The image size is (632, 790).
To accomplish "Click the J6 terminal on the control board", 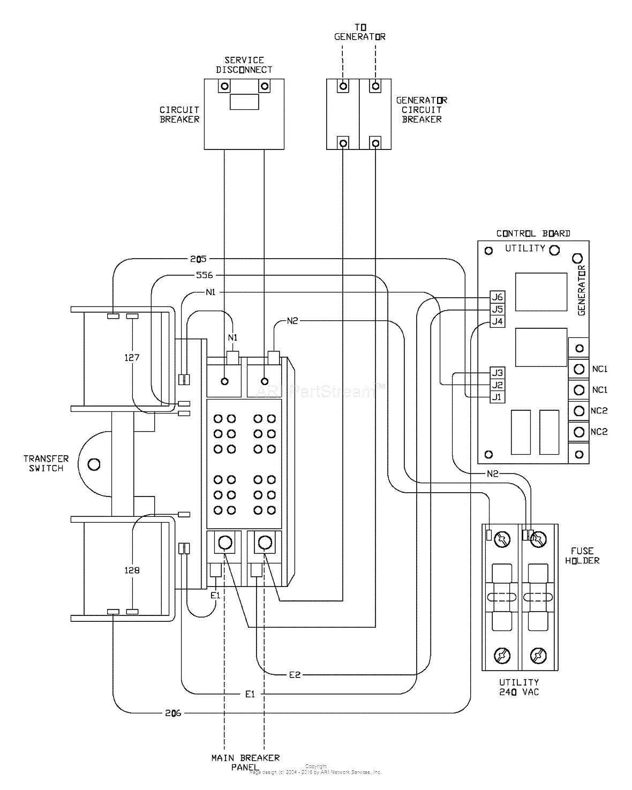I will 498,297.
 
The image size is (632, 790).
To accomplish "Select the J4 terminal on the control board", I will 498,321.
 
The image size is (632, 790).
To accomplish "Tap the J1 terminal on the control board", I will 498,397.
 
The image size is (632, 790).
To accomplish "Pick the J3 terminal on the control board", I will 498,373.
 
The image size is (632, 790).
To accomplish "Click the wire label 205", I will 198,259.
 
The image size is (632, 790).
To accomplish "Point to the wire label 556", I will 204,275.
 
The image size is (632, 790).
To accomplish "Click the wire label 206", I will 173,713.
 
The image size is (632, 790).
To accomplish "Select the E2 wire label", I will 295,675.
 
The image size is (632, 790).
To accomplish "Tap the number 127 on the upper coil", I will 132,357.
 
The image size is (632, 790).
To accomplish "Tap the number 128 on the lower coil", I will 132,570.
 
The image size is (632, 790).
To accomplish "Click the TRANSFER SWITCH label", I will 46,463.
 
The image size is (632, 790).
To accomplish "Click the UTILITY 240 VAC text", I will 519,687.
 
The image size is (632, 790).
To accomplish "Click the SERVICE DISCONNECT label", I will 244,65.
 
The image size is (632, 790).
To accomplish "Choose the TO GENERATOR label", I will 359,32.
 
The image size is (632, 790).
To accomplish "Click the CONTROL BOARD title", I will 533,234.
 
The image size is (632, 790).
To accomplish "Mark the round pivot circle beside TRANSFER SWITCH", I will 94,464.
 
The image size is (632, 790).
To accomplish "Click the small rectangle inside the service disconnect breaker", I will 244,102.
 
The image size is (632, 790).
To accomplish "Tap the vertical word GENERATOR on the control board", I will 582,290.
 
